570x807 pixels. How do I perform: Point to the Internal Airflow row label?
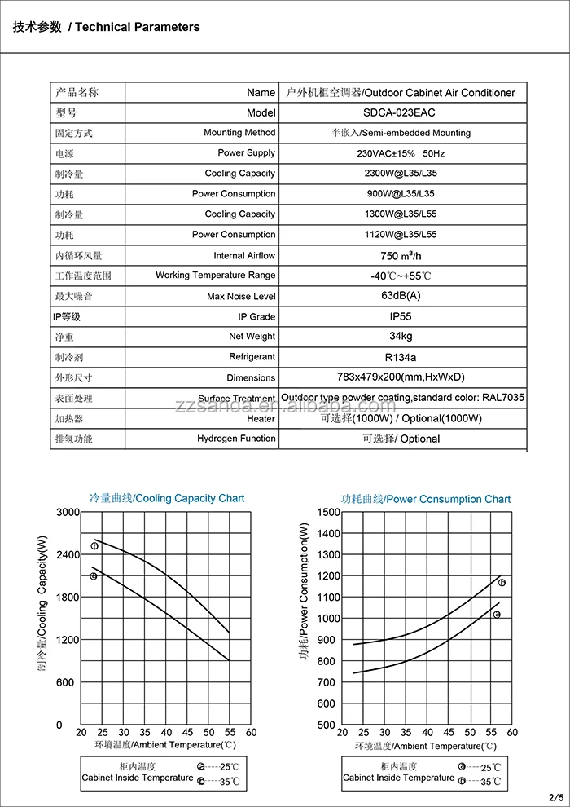click(244, 256)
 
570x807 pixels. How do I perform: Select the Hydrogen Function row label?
click(236, 439)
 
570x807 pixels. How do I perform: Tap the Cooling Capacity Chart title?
click(166, 498)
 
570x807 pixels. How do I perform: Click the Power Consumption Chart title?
click(425, 499)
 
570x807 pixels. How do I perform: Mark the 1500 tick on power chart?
click(327, 512)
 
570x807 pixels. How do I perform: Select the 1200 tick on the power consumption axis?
click(327, 575)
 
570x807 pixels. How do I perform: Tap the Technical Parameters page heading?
click(106, 27)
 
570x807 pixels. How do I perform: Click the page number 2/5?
click(556, 796)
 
